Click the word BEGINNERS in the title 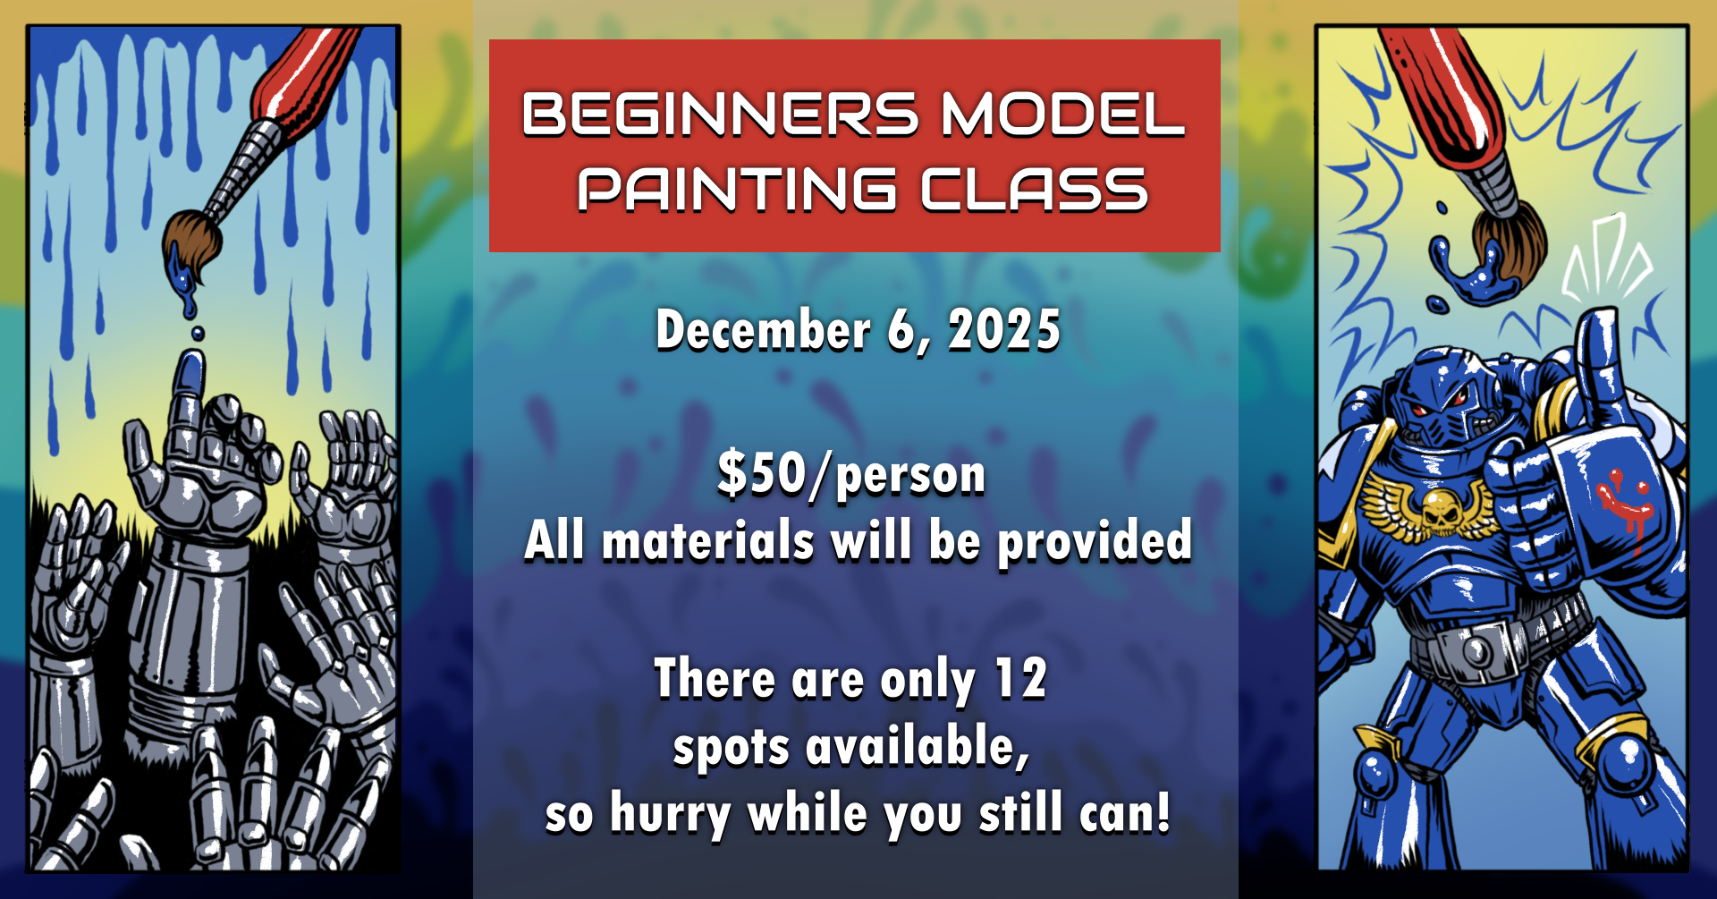click(721, 114)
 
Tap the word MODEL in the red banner click(1063, 114)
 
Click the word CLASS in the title click(1035, 190)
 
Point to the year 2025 click(1004, 330)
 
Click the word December click(763, 330)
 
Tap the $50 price click(762, 474)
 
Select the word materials click(708, 541)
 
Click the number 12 click(1020, 678)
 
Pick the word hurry click(671, 815)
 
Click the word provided click(1095, 541)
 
